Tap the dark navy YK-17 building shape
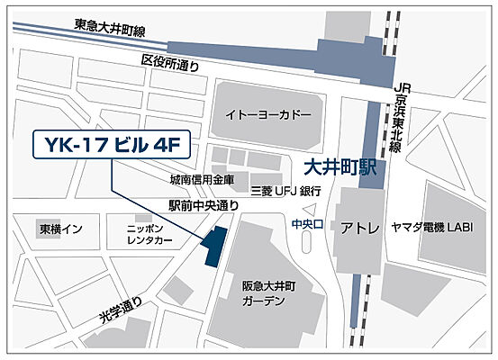click(x=215, y=246)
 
